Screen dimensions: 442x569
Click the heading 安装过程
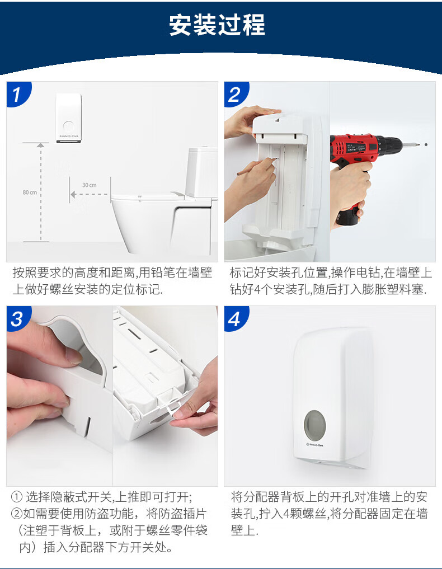217,25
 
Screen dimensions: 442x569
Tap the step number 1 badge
17,93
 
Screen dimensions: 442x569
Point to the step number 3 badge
17,318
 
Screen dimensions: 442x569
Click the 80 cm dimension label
30,192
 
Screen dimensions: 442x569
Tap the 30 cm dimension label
90,185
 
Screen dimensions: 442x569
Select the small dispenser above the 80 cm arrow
69,118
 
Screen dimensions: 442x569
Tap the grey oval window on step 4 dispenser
314,424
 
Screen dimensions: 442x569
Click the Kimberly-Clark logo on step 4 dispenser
314,444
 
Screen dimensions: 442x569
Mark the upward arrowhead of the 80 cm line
41,145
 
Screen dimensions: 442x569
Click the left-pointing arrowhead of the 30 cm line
73,195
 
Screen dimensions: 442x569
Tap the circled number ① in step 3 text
17,496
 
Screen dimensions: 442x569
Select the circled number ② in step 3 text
17,514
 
